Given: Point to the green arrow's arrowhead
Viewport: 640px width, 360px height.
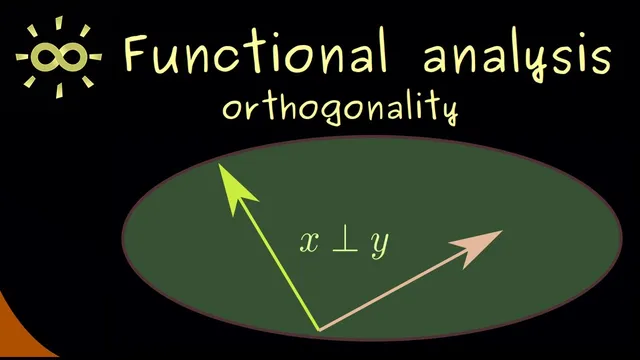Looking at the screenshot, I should pos(229,185).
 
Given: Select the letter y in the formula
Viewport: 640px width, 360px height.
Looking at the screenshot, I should pos(379,246).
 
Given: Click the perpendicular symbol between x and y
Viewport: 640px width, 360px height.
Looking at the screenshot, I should pos(343,242).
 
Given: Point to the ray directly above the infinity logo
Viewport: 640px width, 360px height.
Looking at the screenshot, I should pos(57,21).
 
